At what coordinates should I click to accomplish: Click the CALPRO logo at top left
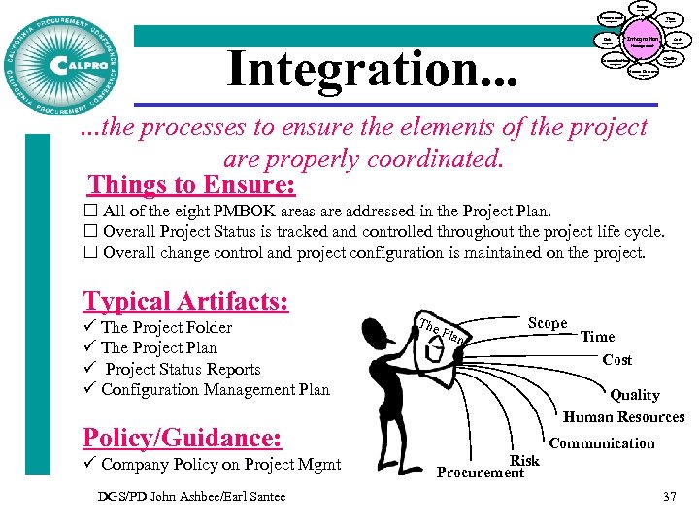pos(64,62)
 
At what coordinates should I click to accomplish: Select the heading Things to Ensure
pos(191,184)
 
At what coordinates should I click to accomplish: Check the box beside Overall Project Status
pos(89,232)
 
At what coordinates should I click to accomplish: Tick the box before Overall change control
pos(89,253)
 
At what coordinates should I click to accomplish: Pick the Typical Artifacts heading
pos(185,301)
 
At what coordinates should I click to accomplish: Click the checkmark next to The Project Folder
pos(89,327)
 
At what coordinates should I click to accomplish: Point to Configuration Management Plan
pos(216,390)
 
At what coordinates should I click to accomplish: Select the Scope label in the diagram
pos(548,323)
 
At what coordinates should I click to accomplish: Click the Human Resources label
pos(624,417)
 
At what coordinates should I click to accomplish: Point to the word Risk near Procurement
pos(524,460)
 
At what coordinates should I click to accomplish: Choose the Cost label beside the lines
pos(617,359)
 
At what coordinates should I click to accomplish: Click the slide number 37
pos(668,497)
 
